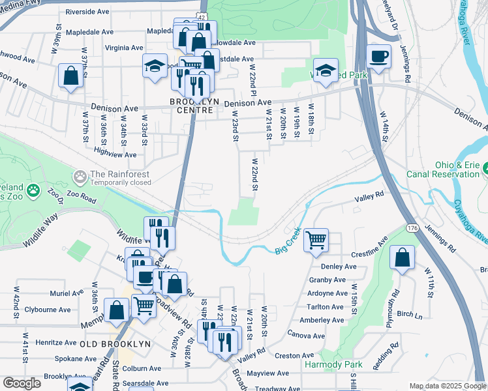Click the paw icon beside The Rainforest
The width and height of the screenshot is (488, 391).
(80, 176)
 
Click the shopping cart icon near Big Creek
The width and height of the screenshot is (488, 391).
(316, 240)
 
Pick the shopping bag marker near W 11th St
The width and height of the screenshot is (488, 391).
(403, 257)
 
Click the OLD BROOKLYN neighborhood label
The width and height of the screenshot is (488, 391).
(115, 343)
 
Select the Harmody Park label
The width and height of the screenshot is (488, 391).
(333, 364)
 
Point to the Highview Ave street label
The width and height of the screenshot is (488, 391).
(115, 154)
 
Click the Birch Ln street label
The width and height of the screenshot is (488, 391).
(409, 314)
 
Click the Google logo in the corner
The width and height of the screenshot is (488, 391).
(22, 383)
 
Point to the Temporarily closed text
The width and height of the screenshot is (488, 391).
(120, 183)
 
